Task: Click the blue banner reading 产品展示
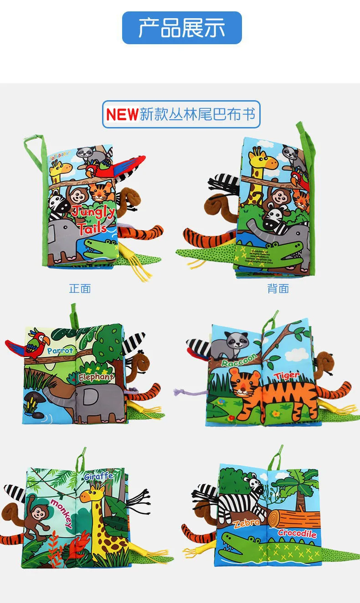182,28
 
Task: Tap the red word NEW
122,114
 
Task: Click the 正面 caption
80,289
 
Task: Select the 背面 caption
278,289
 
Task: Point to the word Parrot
60,351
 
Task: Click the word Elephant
96,377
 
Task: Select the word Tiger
287,376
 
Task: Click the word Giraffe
98,476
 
